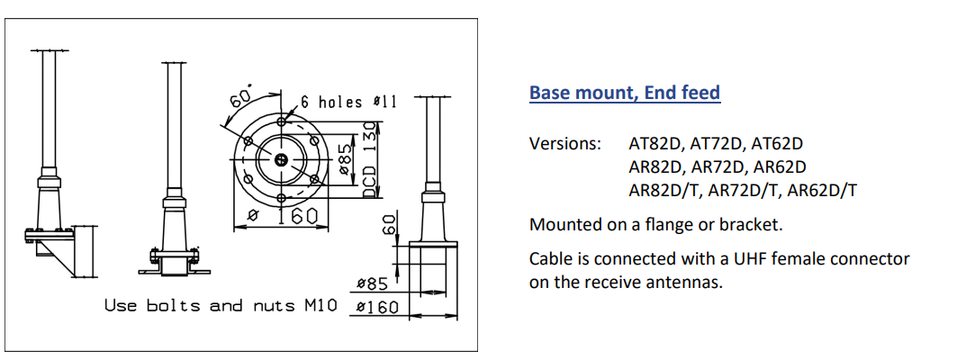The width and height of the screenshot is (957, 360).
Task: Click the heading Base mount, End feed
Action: [x=625, y=93]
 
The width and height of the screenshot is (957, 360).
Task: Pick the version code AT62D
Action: [x=777, y=144]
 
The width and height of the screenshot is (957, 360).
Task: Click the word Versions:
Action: [x=565, y=144]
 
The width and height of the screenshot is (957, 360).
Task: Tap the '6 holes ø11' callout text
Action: [x=348, y=102]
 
